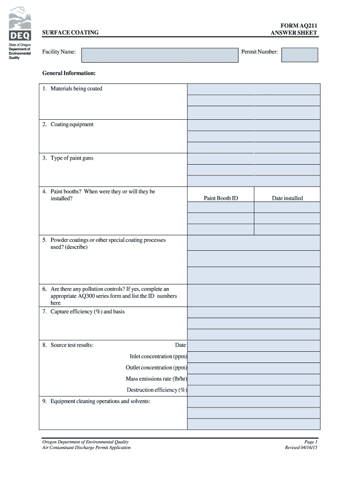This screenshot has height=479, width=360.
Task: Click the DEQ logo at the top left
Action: click(20, 24)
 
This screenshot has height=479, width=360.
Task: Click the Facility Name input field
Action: click(159, 55)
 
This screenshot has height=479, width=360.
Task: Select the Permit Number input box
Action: click(300, 55)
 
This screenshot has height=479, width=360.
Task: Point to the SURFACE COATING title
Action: click(70, 33)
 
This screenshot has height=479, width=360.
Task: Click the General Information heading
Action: click(69, 73)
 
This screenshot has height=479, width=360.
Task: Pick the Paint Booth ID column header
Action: click(221, 198)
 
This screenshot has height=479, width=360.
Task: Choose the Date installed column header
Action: click(287, 198)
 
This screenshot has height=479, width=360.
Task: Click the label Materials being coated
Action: click(76, 89)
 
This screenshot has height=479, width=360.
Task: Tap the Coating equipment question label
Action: click(72, 124)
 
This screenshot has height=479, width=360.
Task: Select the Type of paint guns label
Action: click(72, 158)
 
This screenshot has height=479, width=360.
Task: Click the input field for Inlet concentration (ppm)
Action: click(254, 357)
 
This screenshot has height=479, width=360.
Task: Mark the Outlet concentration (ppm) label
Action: click(156, 368)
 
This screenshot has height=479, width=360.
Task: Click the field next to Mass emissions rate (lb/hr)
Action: click(254, 379)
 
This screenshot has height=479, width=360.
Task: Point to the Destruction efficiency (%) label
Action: click(157, 390)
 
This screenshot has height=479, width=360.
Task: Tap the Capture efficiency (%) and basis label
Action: click(87, 312)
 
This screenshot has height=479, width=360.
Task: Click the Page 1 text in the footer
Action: click(311, 442)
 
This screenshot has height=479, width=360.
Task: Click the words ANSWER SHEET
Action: click(294, 33)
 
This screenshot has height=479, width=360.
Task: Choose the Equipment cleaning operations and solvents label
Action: click(100, 401)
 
